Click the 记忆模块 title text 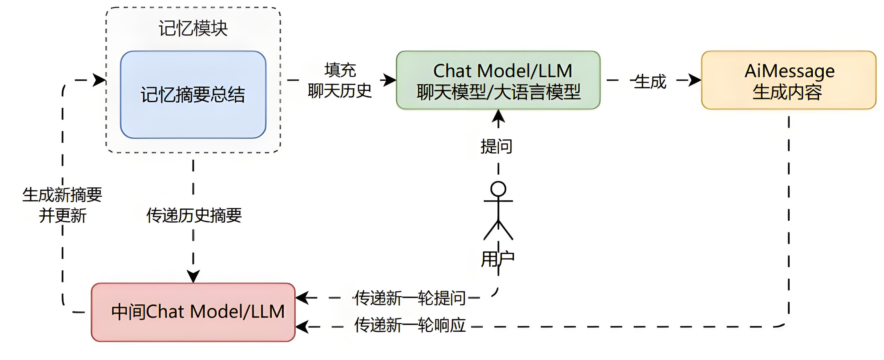point(193,28)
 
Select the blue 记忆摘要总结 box point(193,95)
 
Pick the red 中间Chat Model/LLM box point(193,312)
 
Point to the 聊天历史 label point(339,91)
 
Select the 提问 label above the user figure point(496,147)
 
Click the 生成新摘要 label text point(62,195)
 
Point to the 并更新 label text point(62,216)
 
